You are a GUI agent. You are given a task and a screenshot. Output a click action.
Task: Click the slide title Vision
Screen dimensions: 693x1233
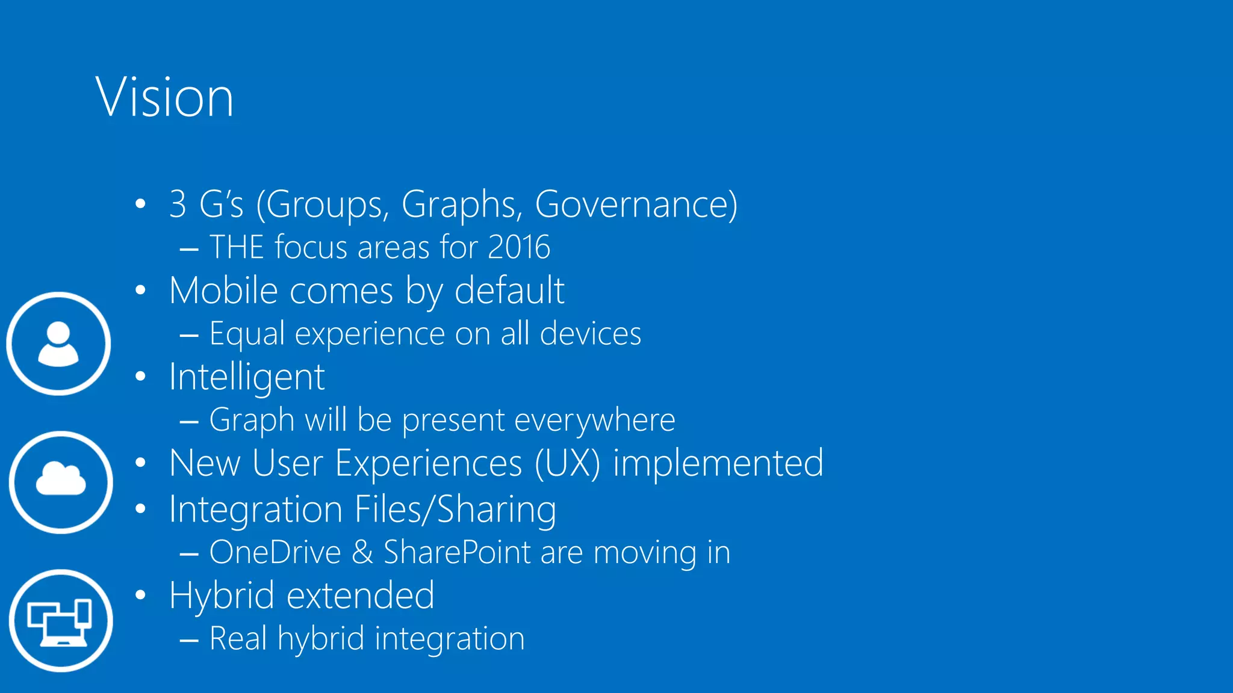(164, 97)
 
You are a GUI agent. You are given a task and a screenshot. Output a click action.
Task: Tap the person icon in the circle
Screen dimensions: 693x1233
(58, 343)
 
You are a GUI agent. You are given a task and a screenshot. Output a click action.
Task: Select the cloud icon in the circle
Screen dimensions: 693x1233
(61, 481)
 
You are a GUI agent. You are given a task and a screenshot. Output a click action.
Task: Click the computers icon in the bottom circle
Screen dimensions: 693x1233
(60, 621)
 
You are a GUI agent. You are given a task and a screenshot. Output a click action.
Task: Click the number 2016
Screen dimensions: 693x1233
(519, 247)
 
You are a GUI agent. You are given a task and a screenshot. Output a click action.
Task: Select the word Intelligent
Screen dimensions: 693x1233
(247, 378)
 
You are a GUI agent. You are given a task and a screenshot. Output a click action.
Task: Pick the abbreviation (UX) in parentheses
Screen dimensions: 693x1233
(567, 463)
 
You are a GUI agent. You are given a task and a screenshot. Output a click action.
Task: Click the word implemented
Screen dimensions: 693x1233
(718, 463)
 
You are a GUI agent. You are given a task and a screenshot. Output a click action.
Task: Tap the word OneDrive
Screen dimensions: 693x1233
(275, 552)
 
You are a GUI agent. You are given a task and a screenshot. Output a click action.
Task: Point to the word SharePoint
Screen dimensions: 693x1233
(457, 552)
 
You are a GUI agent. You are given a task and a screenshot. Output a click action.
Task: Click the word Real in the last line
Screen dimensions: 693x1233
(238, 638)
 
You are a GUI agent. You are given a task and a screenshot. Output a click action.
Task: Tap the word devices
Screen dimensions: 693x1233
(590, 334)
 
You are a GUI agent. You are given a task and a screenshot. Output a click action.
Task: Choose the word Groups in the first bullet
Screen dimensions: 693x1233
(323, 205)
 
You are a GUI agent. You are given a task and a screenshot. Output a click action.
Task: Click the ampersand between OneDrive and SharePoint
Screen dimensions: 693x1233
(362, 552)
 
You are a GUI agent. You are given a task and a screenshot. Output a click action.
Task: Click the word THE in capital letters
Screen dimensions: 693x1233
(237, 247)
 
